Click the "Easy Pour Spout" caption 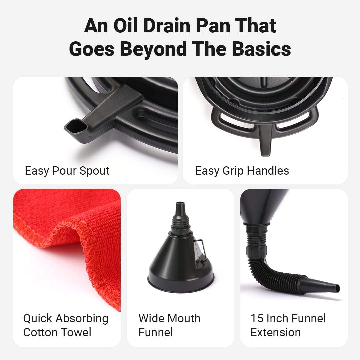(67, 171)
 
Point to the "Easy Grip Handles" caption (242, 171)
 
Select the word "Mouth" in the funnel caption (184, 318)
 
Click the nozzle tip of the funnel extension (337, 288)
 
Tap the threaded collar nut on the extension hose (257, 251)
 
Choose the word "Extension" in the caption (276, 332)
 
